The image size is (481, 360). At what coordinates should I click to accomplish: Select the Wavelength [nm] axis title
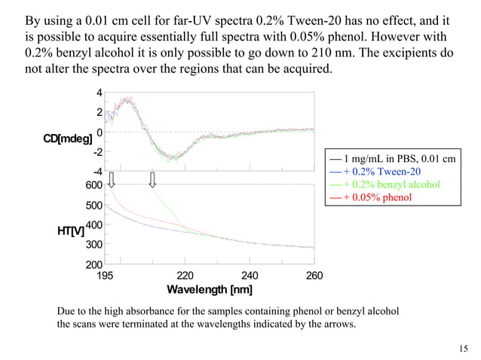click(210, 290)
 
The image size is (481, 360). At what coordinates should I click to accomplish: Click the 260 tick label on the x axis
click(314, 276)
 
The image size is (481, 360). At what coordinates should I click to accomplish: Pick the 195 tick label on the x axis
click(106, 276)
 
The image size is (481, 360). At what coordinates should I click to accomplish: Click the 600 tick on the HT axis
click(93, 185)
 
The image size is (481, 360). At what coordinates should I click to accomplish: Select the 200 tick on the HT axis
click(93, 265)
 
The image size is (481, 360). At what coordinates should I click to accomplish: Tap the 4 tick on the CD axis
click(99, 93)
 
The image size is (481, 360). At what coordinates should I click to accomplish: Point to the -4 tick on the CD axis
click(97, 171)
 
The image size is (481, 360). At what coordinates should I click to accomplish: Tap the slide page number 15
click(463, 347)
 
